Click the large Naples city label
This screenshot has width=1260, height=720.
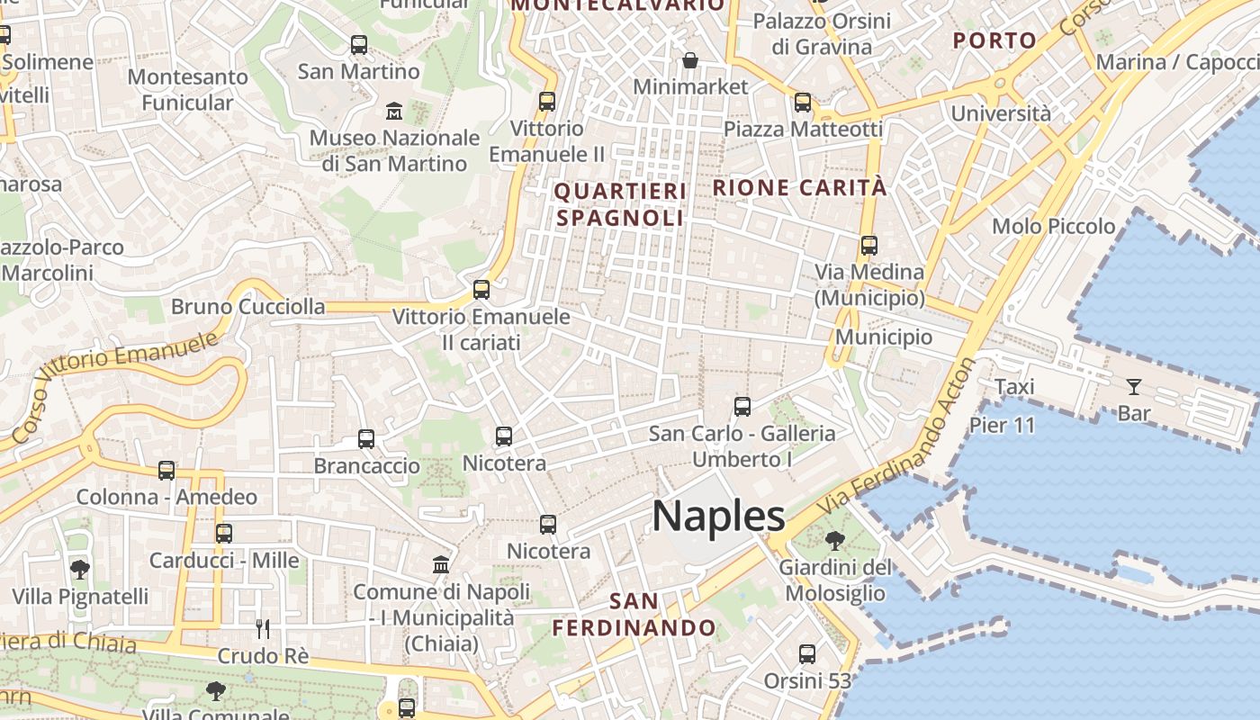(x=718, y=517)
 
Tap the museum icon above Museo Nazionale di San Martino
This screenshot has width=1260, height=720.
(x=394, y=112)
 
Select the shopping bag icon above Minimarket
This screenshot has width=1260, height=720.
(x=690, y=60)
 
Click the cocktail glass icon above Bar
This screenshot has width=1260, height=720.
(x=1133, y=387)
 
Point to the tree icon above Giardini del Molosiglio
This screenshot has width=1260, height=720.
(x=834, y=541)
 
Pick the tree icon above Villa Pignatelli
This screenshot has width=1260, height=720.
(x=80, y=569)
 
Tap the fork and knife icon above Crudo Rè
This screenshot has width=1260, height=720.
(x=263, y=628)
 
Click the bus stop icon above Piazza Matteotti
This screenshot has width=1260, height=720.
(x=803, y=103)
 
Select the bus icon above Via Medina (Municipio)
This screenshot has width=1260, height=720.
(x=868, y=245)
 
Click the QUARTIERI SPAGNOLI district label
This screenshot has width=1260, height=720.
(x=620, y=204)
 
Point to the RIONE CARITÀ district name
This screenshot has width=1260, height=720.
(x=800, y=188)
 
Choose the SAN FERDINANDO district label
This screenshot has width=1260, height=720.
(x=634, y=615)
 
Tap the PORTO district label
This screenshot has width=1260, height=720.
(x=994, y=40)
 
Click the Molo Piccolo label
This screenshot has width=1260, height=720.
(x=1054, y=226)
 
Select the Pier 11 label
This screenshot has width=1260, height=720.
(x=1003, y=425)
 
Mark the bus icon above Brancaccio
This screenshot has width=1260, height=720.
(x=366, y=439)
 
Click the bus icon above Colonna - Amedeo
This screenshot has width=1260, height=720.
(x=166, y=470)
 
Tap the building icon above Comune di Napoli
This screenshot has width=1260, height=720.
(x=441, y=564)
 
